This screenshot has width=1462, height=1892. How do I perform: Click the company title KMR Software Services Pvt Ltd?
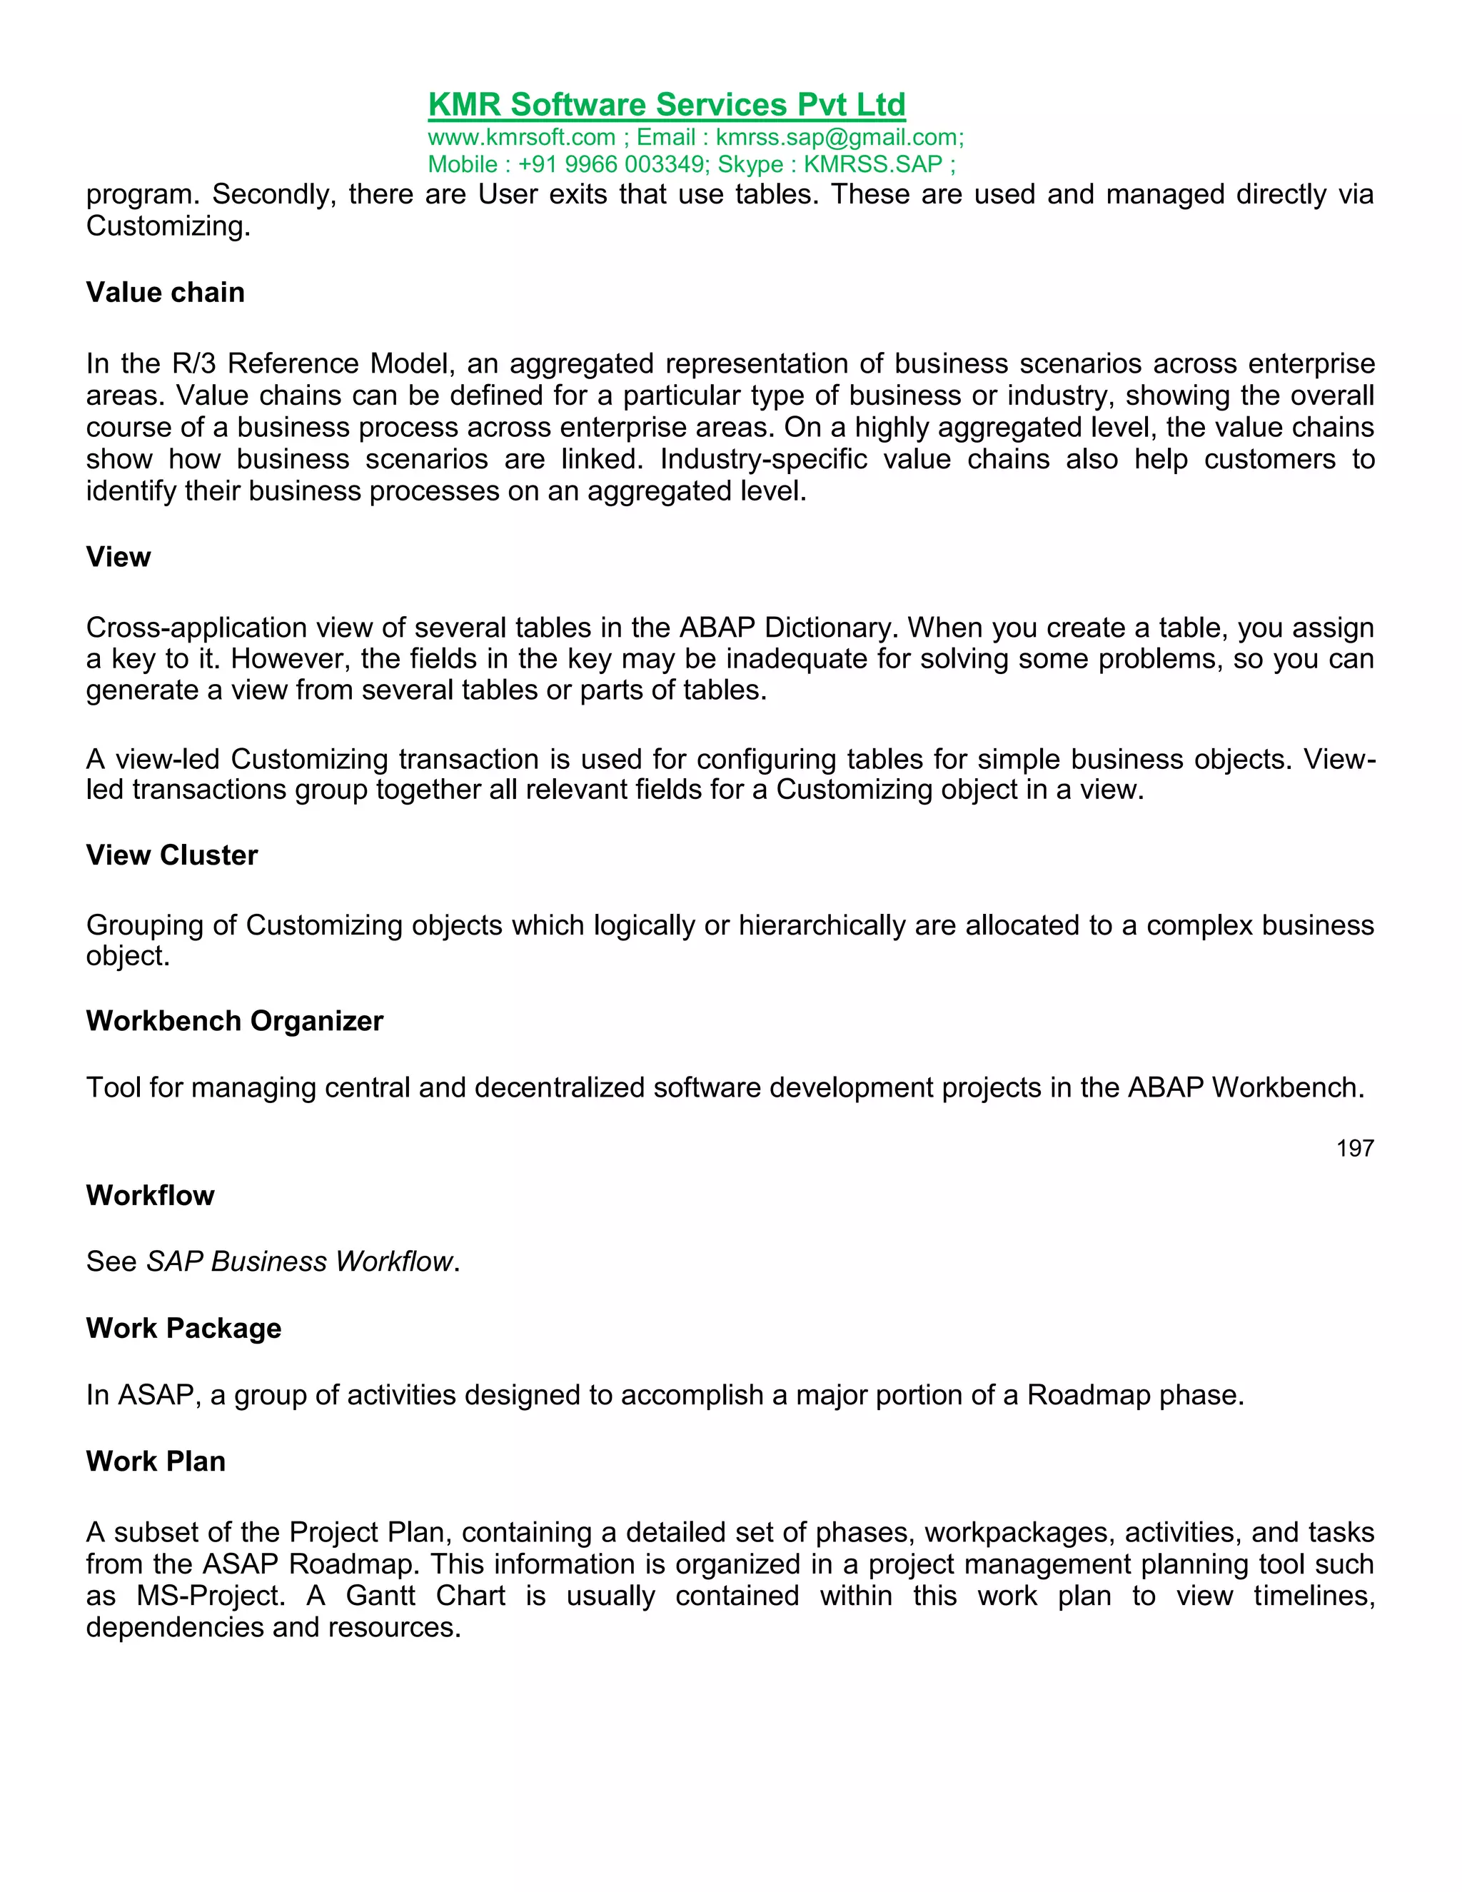[x=666, y=105]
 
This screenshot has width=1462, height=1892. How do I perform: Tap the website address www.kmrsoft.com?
[x=521, y=138]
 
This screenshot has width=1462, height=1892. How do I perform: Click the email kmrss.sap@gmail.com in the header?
[x=837, y=138]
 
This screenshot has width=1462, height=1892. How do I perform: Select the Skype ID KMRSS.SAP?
[x=872, y=165]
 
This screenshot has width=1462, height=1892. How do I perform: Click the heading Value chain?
[x=166, y=293]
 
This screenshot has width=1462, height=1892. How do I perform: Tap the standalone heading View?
[x=119, y=557]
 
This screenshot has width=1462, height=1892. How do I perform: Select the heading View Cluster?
[x=171, y=855]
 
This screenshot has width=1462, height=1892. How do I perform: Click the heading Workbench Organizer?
[x=234, y=1022]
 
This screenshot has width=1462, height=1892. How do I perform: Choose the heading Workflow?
[x=150, y=1195]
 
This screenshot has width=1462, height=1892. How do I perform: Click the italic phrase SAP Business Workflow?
[x=300, y=1262]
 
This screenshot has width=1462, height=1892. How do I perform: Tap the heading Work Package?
[x=183, y=1328]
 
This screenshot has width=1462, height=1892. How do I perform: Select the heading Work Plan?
[x=156, y=1461]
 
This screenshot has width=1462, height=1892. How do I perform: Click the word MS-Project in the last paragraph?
[x=211, y=1596]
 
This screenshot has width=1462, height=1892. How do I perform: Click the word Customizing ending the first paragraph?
[x=168, y=226]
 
